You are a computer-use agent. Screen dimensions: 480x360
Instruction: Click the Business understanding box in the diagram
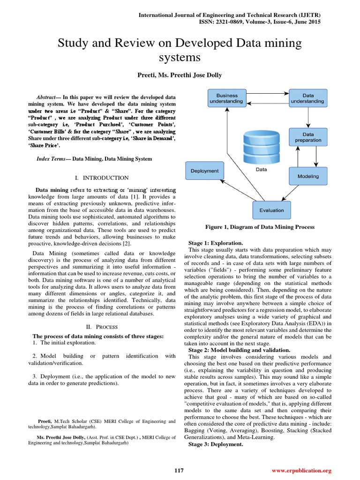pos(226,98)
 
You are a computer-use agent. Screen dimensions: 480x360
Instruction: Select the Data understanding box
pos(308,98)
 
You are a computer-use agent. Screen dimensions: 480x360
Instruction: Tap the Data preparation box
pos(308,137)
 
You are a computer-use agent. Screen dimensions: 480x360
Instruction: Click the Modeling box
pos(308,176)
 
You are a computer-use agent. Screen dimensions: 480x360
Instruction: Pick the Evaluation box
pos(271,210)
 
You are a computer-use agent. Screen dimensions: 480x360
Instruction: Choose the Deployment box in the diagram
pos(204,171)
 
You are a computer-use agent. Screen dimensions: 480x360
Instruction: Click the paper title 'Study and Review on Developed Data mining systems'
pos(180,50)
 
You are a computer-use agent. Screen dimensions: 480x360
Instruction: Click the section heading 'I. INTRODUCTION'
pos(102,178)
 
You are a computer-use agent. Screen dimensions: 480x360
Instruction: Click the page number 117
pos(179,470)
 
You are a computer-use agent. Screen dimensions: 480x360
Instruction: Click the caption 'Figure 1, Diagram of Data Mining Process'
pos(260,227)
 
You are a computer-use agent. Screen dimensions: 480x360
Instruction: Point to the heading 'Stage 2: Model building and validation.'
pos(239,350)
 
